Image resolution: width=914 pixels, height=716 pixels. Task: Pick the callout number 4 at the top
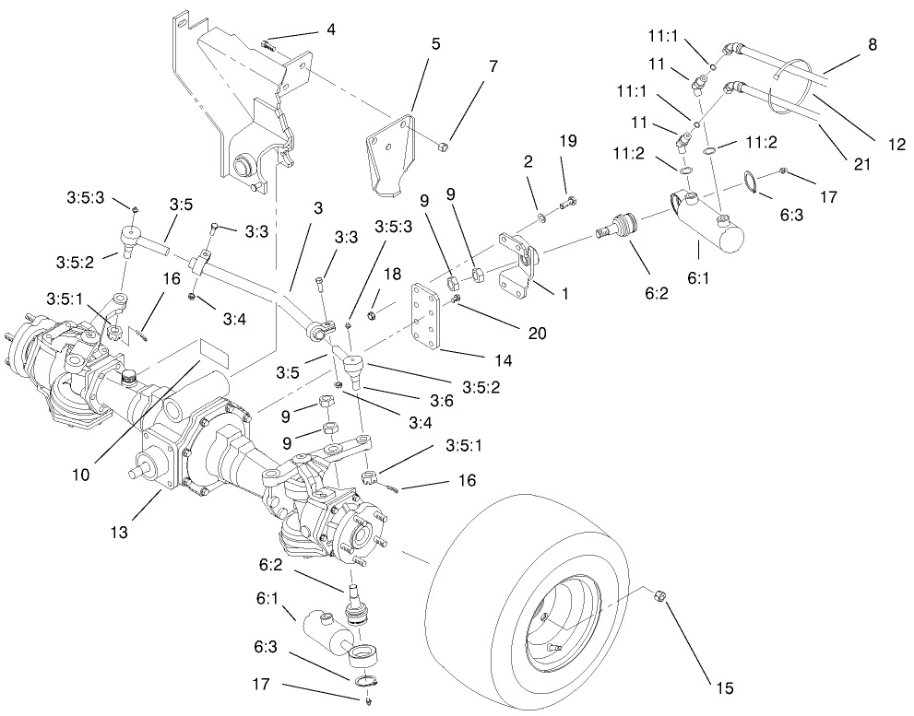point(330,29)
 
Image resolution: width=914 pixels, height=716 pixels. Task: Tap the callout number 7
point(493,68)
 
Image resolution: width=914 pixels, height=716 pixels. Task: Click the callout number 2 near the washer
point(528,160)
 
